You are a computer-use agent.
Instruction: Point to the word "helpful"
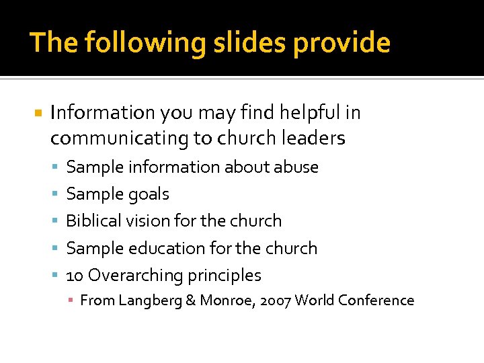pyautogui.click(x=311, y=112)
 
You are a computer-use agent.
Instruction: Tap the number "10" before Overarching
pyautogui.click(x=75, y=276)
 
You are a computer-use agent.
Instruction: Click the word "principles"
pyautogui.click(x=225, y=276)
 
